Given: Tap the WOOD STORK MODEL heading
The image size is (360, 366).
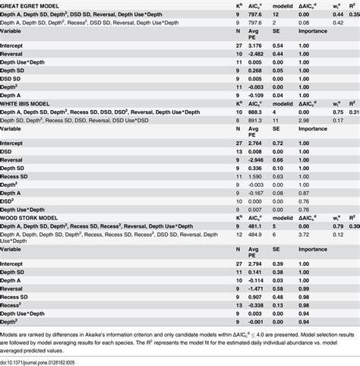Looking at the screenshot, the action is (x=33, y=216).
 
